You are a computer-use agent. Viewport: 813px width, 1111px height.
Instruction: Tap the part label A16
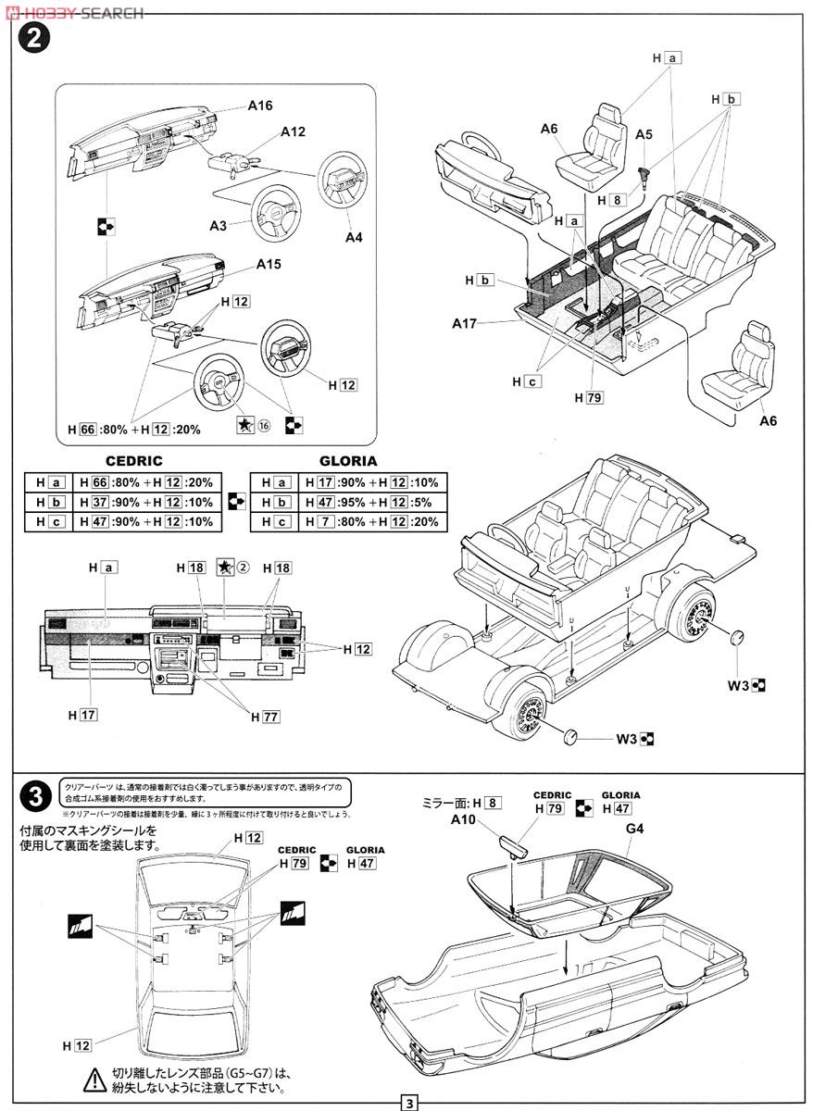(x=260, y=106)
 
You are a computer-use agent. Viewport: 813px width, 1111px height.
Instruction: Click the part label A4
(x=354, y=237)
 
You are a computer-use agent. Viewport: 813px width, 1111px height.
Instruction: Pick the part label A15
(x=269, y=264)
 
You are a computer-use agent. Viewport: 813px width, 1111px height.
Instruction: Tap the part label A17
(x=465, y=323)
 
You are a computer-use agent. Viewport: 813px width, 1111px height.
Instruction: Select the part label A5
(x=644, y=134)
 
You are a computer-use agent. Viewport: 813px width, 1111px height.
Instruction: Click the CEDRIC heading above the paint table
(x=134, y=461)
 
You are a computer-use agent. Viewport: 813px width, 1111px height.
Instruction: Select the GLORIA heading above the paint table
(x=348, y=461)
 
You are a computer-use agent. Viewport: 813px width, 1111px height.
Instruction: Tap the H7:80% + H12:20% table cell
(x=371, y=522)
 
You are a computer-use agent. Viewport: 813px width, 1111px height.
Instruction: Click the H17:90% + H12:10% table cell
(x=371, y=482)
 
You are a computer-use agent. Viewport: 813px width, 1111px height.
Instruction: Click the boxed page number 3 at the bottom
(x=408, y=1103)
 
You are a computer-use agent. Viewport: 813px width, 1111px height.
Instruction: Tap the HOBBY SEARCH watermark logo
(x=74, y=12)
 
